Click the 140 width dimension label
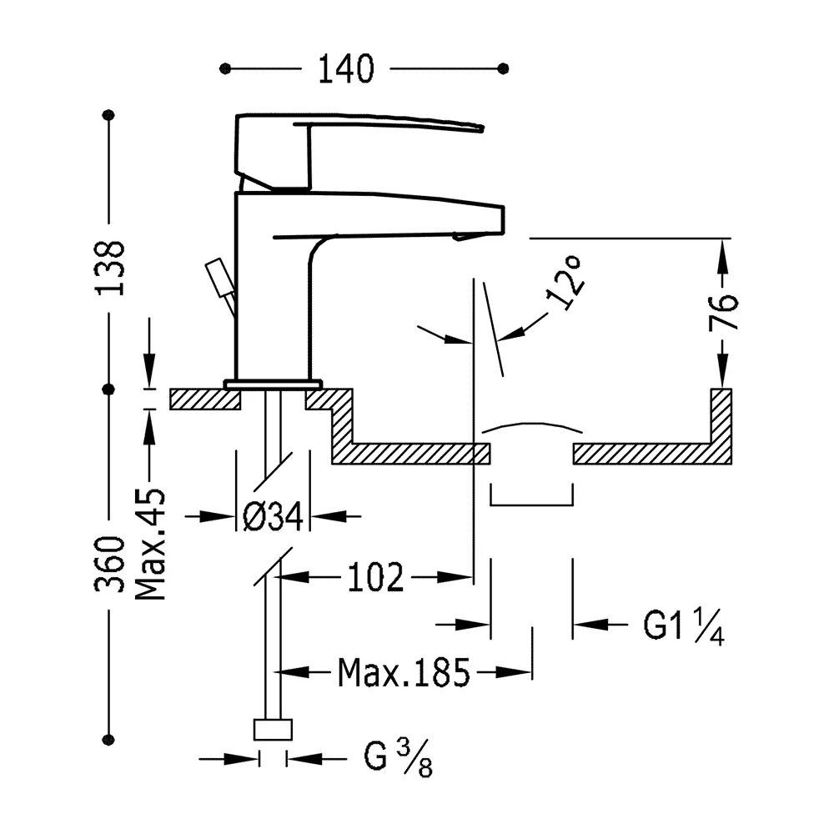click(x=346, y=69)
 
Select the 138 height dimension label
click(x=110, y=268)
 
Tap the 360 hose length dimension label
click(x=110, y=565)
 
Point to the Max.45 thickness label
click(x=150, y=544)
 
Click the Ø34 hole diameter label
click(x=273, y=516)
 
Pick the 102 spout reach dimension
click(x=375, y=578)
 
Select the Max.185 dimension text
click(x=404, y=673)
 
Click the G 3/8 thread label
click(x=398, y=758)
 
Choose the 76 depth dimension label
click(x=723, y=312)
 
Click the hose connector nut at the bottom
click(x=273, y=729)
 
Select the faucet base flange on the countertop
click(x=274, y=384)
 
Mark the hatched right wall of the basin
click(x=721, y=425)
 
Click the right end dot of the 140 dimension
click(x=503, y=68)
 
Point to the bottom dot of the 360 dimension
click(x=108, y=739)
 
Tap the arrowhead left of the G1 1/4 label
click(x=590, y=625)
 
